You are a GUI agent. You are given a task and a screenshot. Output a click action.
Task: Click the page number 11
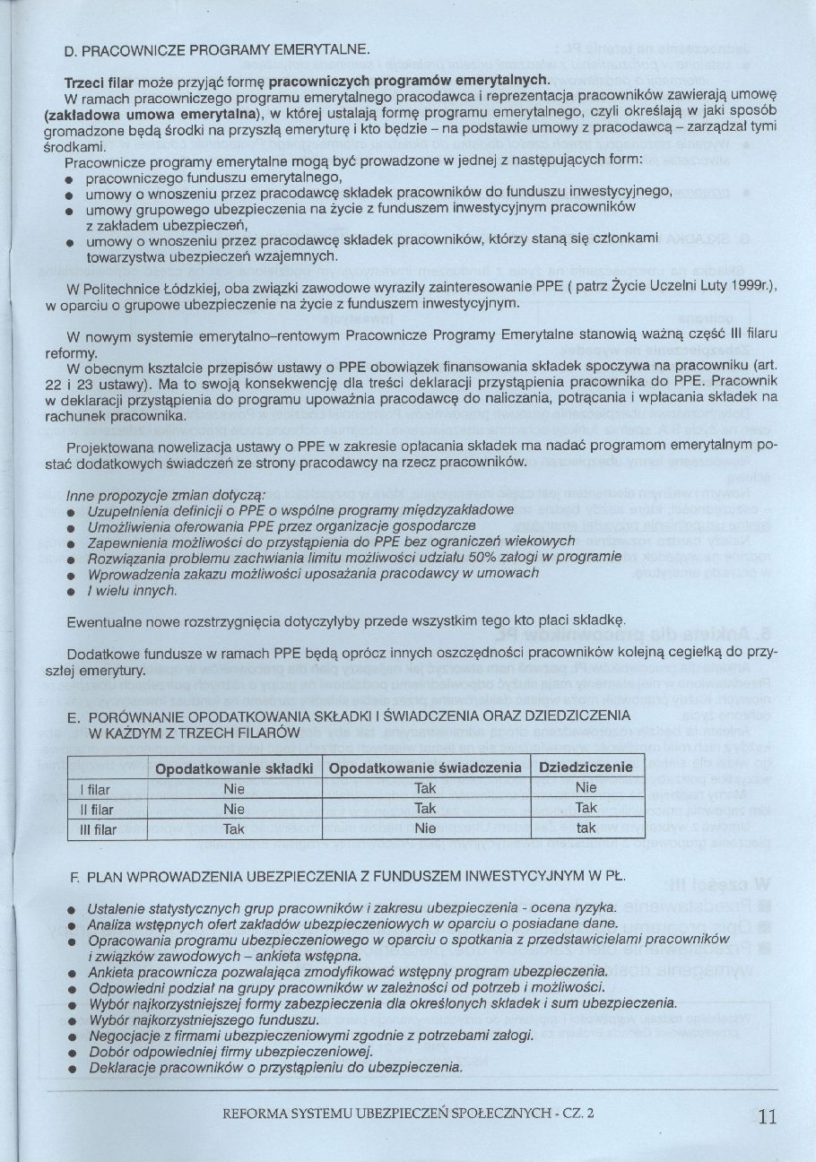point(767,1115)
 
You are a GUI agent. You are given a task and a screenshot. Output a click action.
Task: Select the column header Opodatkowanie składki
point(233,768)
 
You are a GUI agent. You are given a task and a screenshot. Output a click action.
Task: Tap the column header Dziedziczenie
point(586,767)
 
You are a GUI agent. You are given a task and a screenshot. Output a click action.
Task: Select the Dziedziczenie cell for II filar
point(586,809)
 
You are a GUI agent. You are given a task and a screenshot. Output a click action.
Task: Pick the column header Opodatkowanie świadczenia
point(425,768)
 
